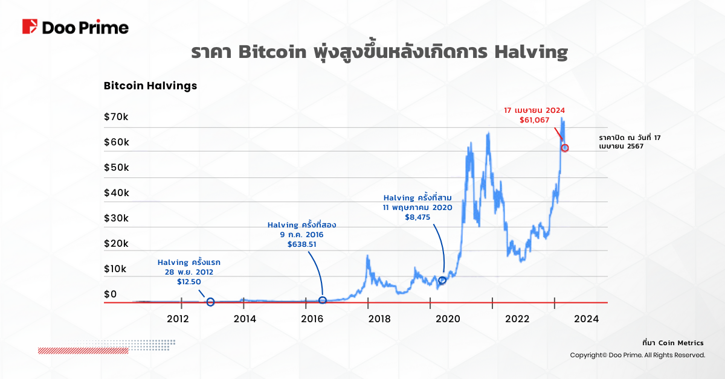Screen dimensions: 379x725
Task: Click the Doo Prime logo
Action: point(75,28)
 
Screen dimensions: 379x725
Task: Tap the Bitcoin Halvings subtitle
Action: point(150,86)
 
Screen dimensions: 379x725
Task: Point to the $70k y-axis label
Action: point(116,117)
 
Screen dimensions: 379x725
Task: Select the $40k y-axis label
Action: point(116,193)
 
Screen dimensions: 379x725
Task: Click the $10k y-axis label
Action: point(116,269)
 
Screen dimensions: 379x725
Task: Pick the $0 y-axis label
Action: point(110,295)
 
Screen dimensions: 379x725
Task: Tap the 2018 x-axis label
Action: point(379,319)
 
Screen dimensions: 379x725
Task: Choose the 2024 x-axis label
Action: point(586,319)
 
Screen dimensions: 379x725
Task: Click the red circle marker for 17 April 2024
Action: point(565,148)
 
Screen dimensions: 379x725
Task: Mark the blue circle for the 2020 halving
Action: point(442,280)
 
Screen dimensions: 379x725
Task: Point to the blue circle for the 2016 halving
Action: point(323,300)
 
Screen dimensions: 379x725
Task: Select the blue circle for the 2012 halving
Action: point(210,302)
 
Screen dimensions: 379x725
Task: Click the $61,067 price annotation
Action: point(534,121)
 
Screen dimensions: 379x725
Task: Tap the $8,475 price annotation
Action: point(417,218)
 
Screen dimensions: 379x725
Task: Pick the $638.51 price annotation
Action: point(301,245)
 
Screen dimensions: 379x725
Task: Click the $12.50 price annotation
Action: point(189,282)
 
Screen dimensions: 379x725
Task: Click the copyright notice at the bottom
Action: point(637,355)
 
